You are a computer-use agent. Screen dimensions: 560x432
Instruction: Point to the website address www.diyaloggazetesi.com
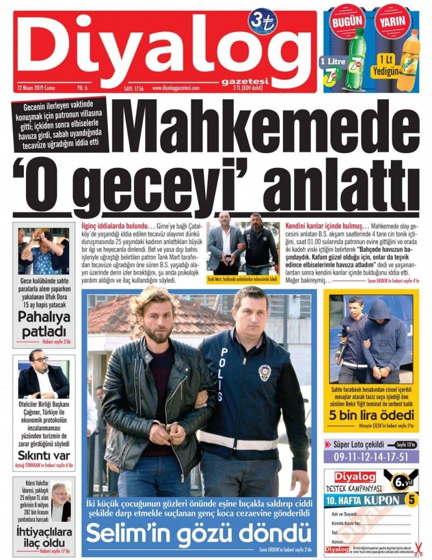point(176,87)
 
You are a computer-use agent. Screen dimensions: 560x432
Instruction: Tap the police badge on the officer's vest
point(264,372)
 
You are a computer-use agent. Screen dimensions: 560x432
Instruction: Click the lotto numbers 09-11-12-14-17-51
point(371,456)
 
